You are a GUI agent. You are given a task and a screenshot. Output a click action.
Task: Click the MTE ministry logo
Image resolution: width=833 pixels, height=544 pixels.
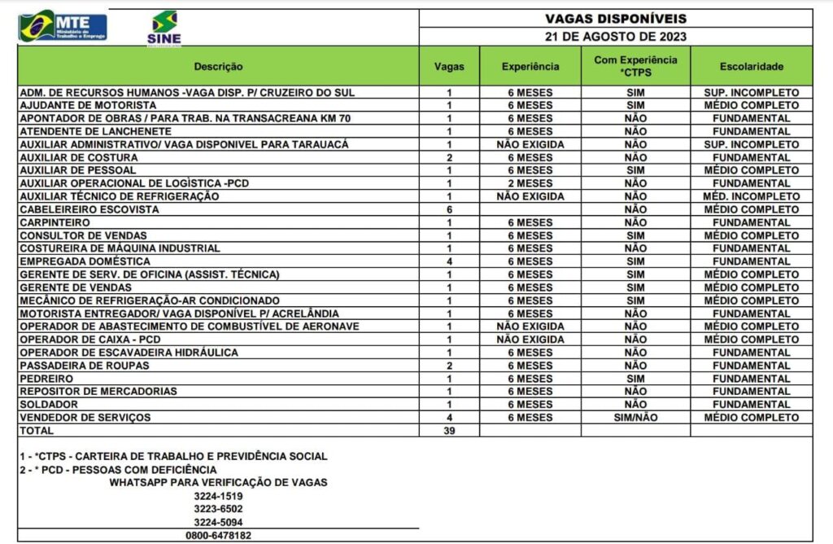63,27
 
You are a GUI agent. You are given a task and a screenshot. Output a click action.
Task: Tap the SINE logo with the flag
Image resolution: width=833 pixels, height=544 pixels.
164,28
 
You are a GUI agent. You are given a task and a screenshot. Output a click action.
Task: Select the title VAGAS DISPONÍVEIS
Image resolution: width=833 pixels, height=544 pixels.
615,18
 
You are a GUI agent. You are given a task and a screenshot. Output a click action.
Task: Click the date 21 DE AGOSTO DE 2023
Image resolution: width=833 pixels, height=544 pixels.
615,37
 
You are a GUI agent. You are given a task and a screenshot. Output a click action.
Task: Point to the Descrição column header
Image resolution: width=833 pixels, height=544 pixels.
218,67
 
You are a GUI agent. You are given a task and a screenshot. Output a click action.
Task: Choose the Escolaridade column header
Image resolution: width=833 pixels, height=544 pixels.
751,67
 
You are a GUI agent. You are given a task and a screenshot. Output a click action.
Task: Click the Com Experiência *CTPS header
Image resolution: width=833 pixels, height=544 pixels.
635,67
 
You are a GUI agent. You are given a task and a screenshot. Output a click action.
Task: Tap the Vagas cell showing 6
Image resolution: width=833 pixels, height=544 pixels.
449,209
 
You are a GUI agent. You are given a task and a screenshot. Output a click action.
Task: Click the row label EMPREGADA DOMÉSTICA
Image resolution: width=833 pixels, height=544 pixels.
85,261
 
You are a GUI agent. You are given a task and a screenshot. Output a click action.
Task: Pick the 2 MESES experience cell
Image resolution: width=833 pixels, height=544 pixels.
530,183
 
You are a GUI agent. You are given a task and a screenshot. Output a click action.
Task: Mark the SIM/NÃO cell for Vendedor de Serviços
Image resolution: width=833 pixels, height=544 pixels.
635,418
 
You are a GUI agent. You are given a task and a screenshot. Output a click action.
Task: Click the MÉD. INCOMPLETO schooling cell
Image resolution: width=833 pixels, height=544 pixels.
751,196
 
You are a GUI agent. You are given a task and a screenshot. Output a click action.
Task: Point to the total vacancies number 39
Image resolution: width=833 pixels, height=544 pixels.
449,431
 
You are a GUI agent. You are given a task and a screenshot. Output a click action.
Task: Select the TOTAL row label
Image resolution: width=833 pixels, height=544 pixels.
37,430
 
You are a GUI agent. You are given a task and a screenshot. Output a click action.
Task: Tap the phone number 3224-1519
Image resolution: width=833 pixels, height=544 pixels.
218,496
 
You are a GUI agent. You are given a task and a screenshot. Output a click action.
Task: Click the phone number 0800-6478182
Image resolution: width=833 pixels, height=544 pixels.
218,535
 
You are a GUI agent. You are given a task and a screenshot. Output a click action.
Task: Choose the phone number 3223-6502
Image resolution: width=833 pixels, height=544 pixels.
218,509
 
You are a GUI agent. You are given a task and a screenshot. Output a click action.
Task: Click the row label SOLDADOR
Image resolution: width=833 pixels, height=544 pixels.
49,405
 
